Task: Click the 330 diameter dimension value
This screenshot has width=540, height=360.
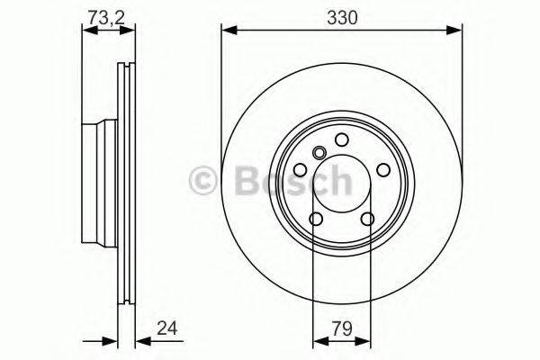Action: pyautogui.click(x=340, y=16)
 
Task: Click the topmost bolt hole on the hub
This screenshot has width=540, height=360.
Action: pyautogui.click(x=341, y=139)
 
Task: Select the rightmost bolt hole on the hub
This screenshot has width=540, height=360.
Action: pyautogui.click(x=382, y=169)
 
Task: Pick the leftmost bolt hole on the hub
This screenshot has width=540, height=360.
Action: pyautogui.click(x=300, y=169)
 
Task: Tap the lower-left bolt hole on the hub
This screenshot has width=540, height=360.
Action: pyautogui.click(x=315, y=219)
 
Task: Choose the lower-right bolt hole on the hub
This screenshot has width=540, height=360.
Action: pyautogui.click(x=366, y=219)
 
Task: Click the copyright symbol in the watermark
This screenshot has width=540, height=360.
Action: pyautogui.click(x=205, y=183)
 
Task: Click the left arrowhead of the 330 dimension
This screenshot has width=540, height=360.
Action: pyautogui.click(x=227, y=31)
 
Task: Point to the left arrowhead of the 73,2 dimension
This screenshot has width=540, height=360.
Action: pyautogui.click(x=86, y=31)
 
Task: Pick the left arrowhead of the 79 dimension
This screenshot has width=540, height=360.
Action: pyautogui.click(x=317, y=342)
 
